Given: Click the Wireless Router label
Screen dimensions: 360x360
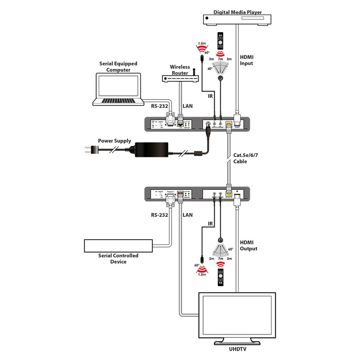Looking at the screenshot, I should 180,70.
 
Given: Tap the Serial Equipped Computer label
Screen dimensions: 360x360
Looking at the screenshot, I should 118,67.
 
